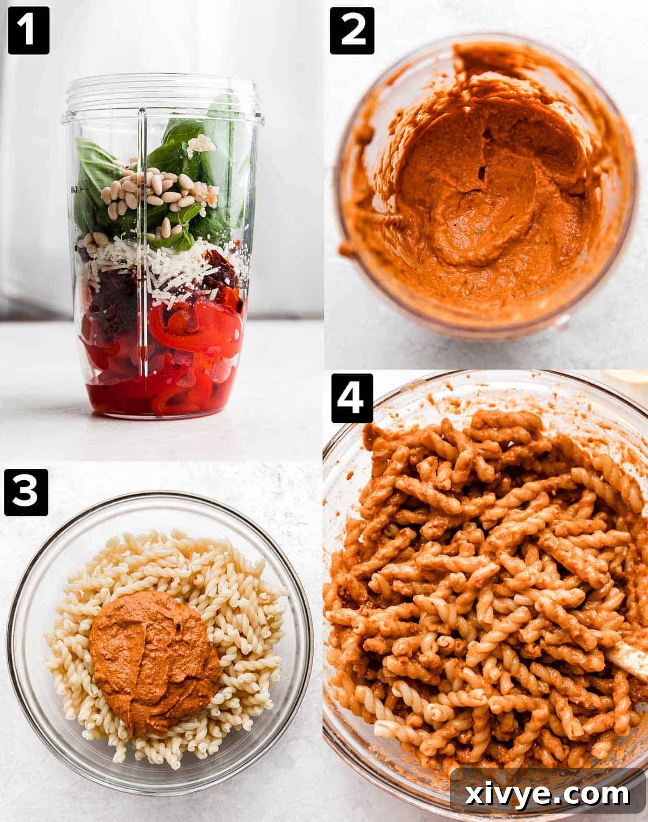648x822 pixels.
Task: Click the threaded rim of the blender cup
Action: coord(162,91)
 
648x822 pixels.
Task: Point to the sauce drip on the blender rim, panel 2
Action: coord(347,249)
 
